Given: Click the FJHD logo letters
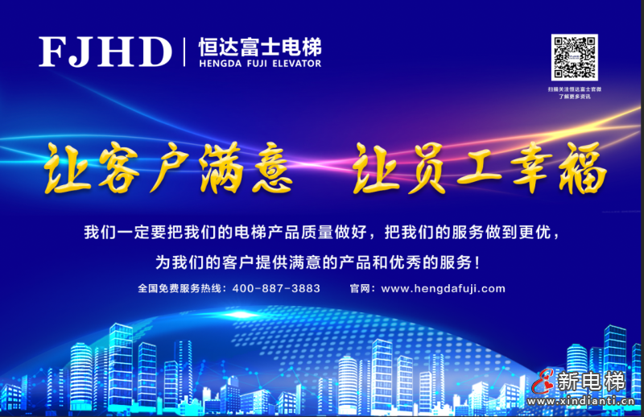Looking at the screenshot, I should tap(105, 52).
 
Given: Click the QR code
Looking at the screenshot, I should tap(574, 57).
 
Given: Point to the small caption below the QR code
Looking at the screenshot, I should tap(574, 92).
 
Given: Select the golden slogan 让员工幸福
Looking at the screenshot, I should tap(479, 168).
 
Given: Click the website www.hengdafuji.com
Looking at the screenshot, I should tap(443, 288).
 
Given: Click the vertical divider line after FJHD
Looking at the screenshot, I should tap(184, 52).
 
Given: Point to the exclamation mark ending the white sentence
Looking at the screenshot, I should tap(481, 262).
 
